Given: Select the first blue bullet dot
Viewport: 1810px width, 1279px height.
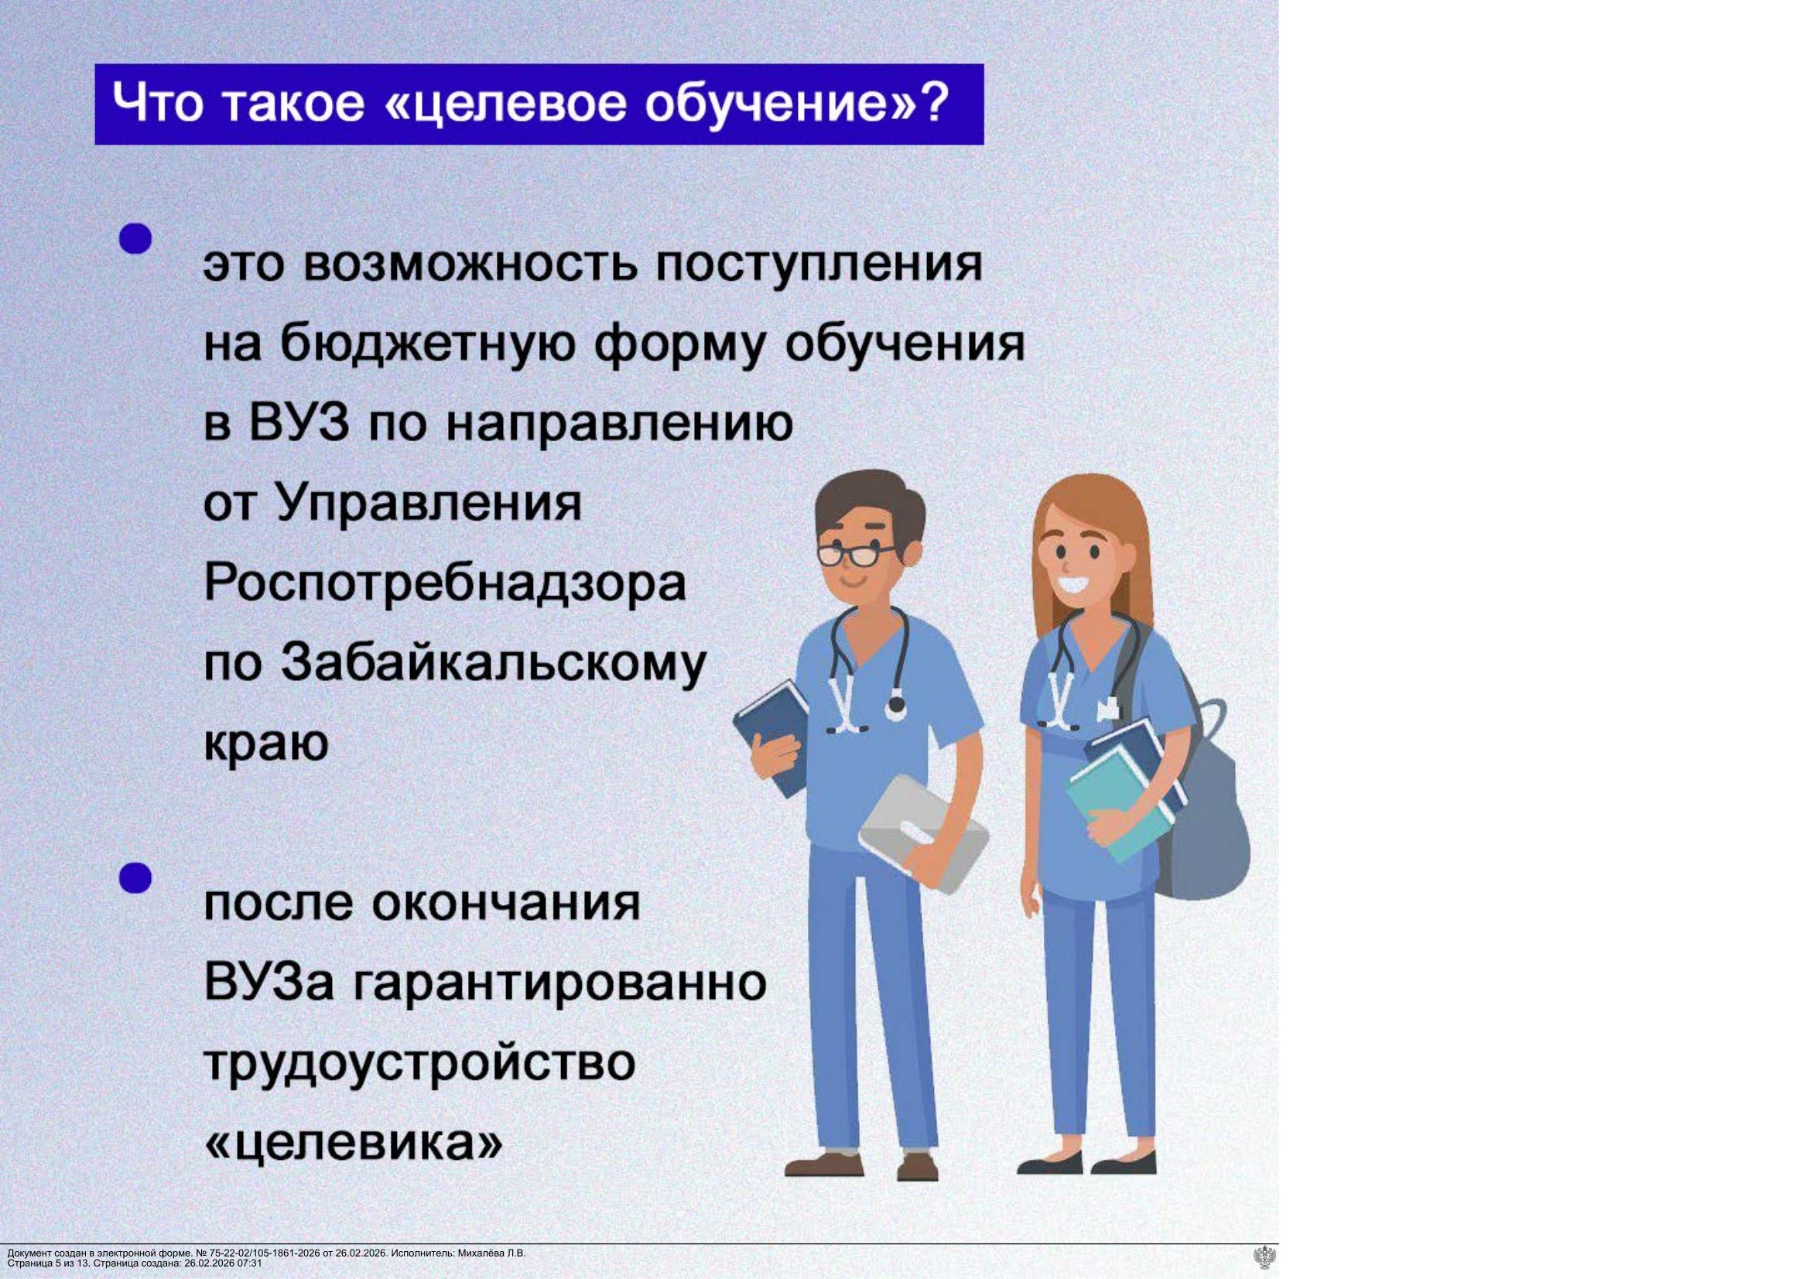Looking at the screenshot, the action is pyautogui.click(x=135, y=238).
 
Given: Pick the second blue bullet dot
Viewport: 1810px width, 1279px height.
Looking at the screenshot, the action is pyautogui.click(x=135, y=877).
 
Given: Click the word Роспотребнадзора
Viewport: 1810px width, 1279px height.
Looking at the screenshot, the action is pyautogui.click(x=445, y=585).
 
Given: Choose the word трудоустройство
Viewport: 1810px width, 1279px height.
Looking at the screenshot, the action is pyautogui.click(x=419, y=1063).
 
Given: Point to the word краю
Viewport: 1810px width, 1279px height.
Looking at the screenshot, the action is pyautogui.click(x=265, y=744).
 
